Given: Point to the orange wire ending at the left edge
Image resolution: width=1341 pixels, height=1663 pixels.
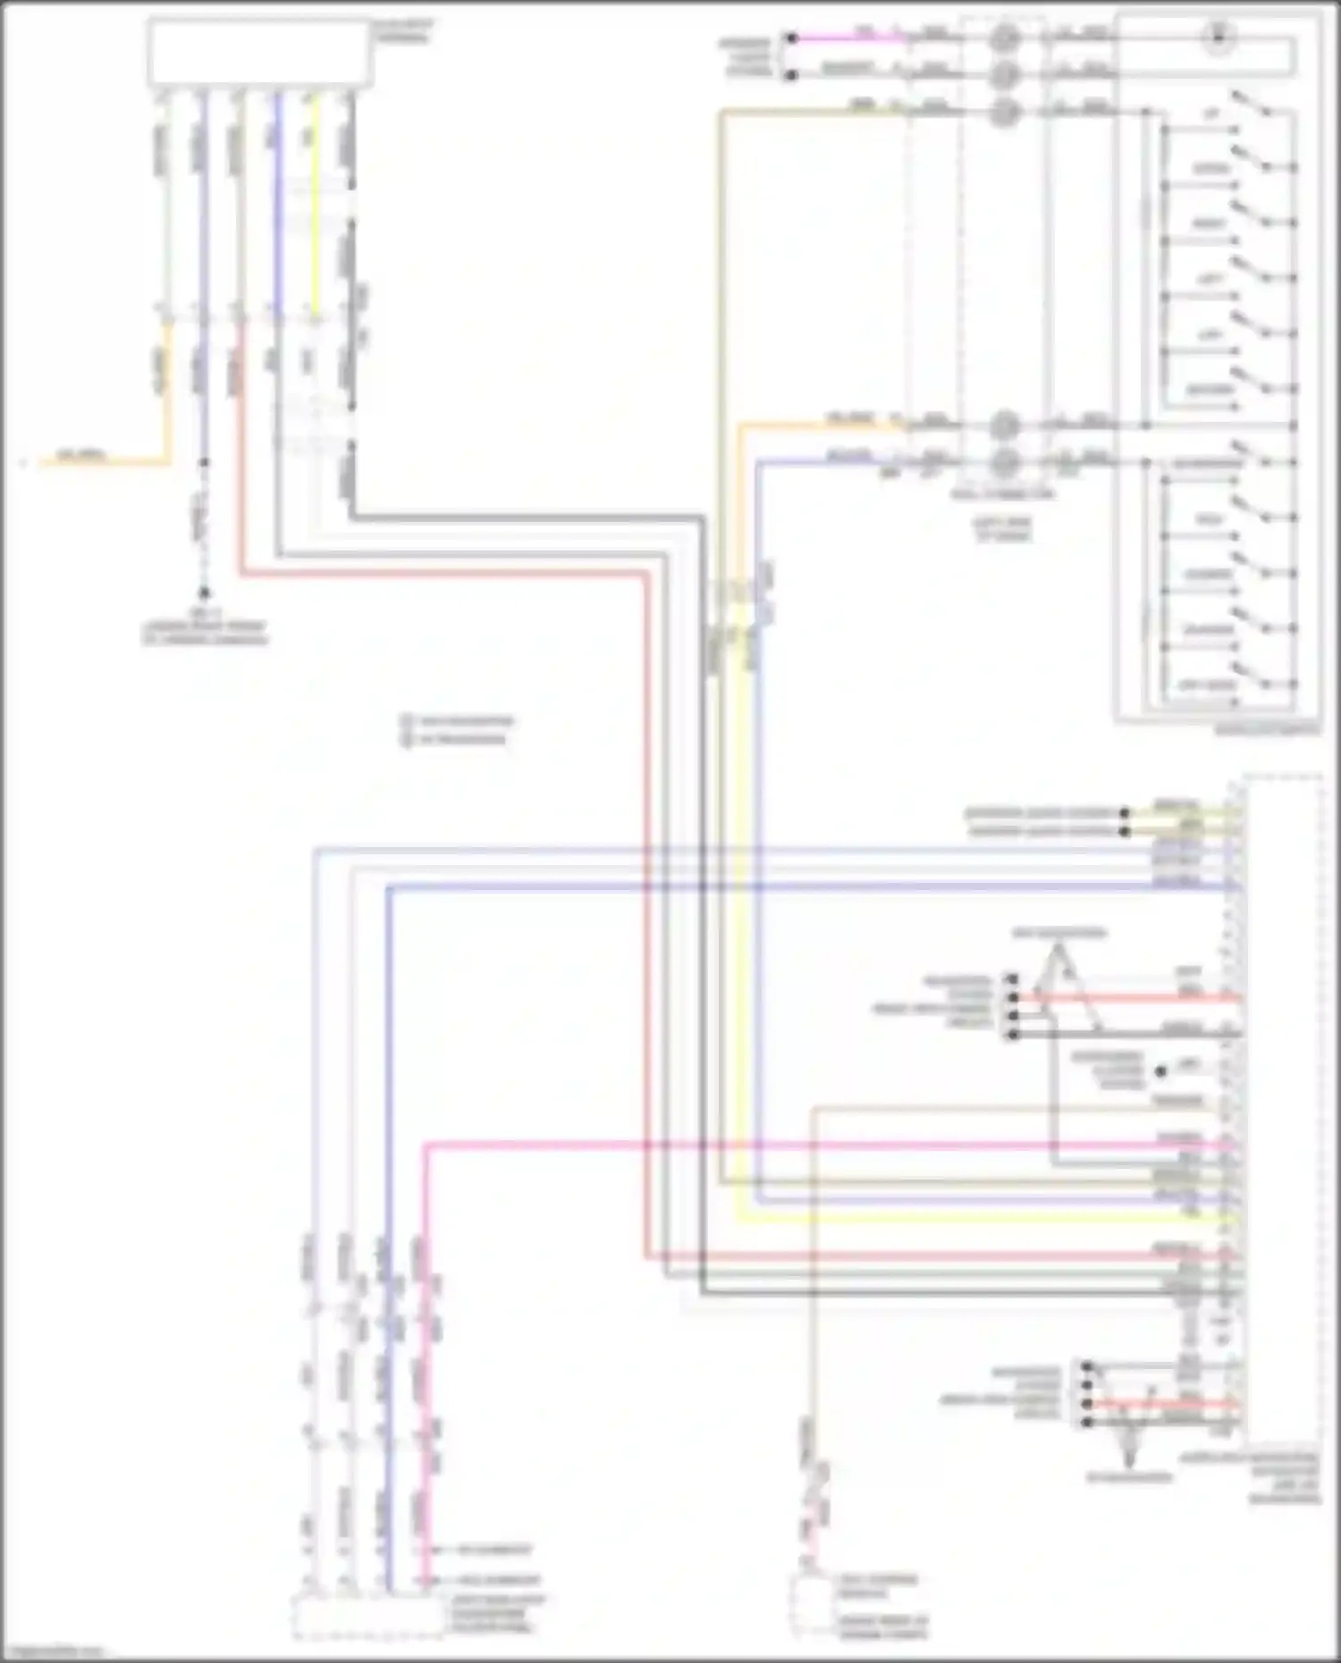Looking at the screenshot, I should click(98, 463).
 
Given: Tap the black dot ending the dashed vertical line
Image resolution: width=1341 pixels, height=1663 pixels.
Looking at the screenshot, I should click(204, 592).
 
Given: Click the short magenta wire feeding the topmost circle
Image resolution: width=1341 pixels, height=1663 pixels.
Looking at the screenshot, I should click(849, 38).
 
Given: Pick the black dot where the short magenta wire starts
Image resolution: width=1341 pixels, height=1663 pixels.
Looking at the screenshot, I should click(790, 38).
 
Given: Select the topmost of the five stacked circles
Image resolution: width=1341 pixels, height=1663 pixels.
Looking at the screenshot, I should click(1005, 38).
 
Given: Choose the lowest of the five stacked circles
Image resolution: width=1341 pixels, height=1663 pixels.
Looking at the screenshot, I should click(1005, 461).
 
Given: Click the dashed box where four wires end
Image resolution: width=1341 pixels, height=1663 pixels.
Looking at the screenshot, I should click(367, 1617).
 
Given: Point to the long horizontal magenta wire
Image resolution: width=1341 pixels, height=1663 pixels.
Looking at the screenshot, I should click(805, 1145).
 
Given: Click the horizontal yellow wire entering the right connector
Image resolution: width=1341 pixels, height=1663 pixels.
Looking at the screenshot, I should click(983, 1219).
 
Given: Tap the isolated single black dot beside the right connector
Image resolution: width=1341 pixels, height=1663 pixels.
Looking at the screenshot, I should click(1160, 1071).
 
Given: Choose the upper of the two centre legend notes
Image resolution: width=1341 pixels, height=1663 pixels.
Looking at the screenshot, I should click(458, 721).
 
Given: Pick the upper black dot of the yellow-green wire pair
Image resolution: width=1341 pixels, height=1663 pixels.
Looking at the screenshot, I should click(1125, 813).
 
